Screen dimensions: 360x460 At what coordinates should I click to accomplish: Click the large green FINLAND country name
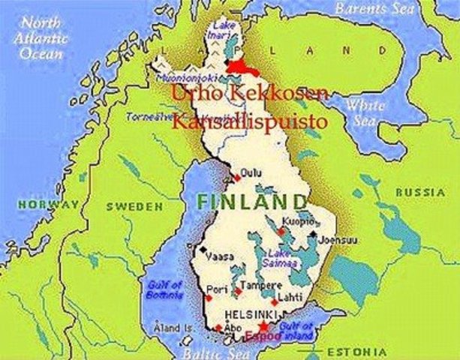[x=252, y=202]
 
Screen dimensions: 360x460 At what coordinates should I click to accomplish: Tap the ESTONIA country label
[x=360, y=351]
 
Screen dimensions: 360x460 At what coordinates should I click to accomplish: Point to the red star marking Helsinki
[x=263, y=327]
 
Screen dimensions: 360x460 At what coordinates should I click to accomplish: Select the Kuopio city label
[x=297, y=222]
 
